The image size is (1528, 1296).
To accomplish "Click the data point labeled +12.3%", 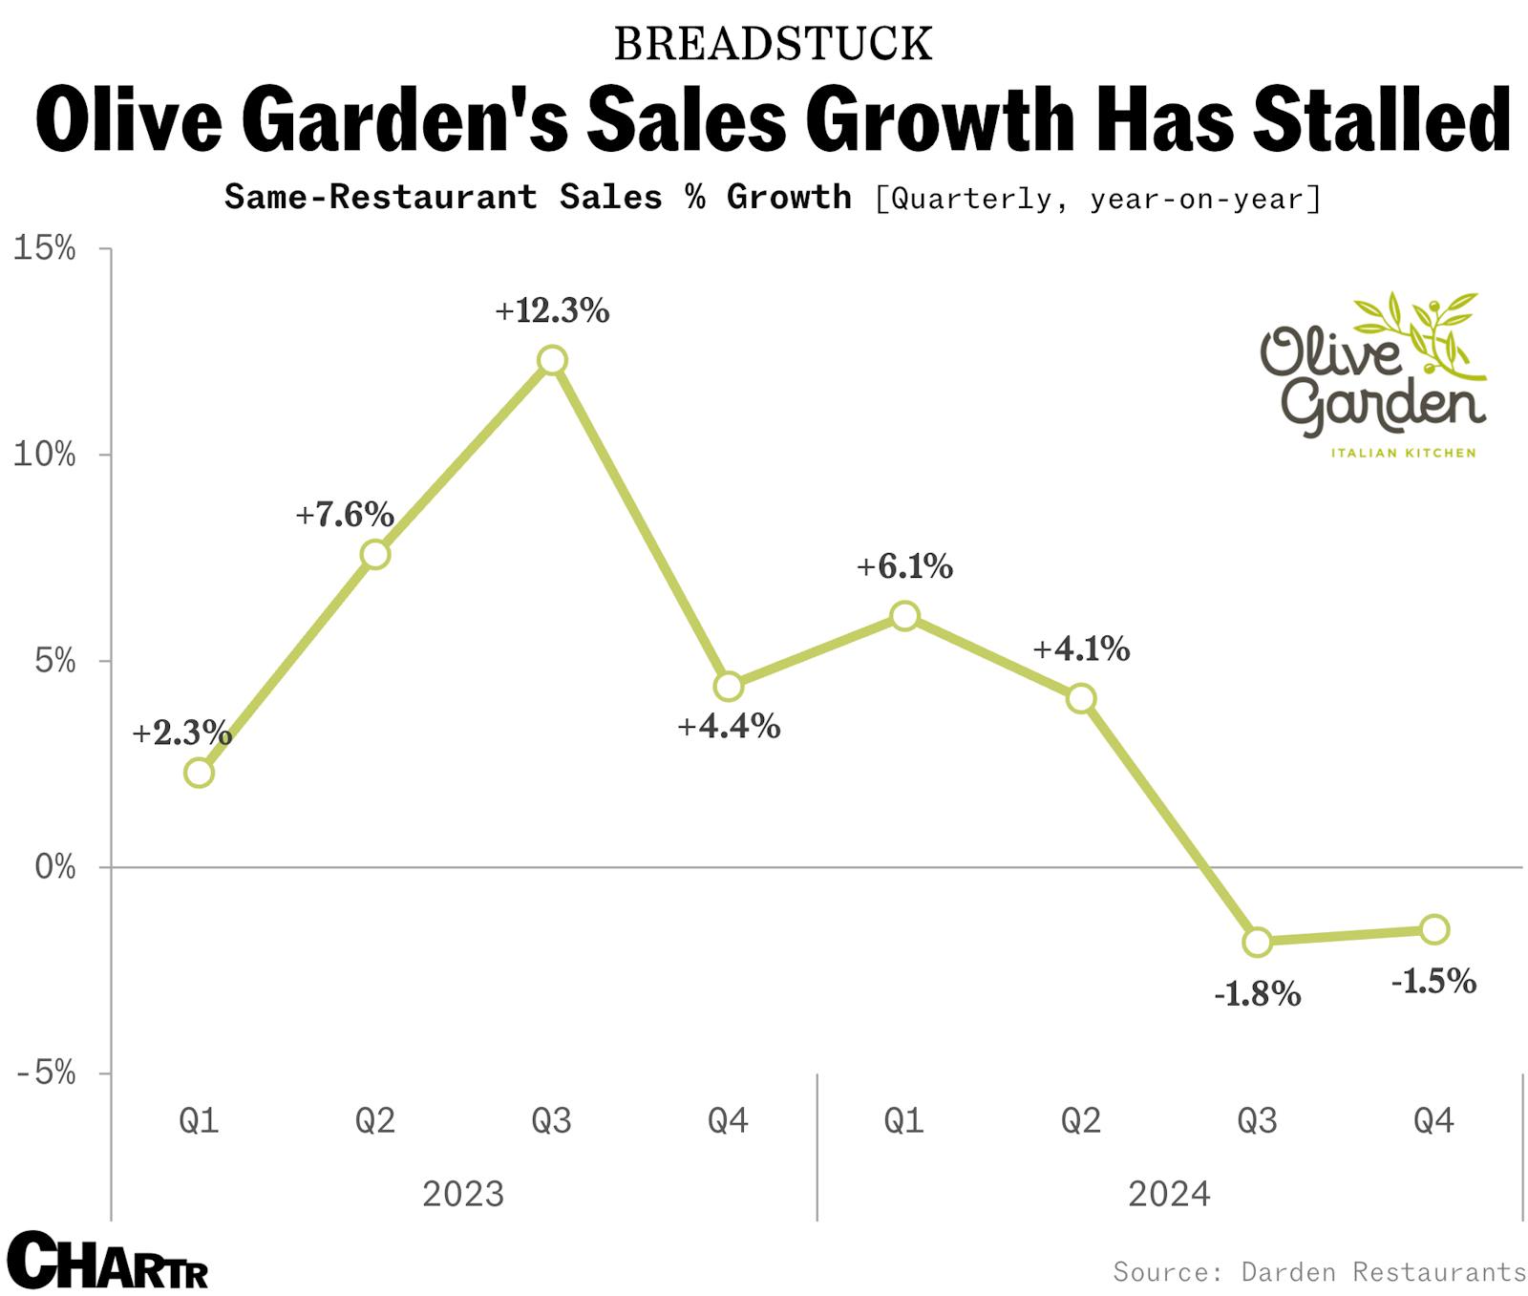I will [552, 360].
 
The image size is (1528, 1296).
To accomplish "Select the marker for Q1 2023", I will [199, 772].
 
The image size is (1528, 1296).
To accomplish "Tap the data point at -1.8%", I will [1258, 942].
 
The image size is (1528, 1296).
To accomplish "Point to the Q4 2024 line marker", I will [1434, 929].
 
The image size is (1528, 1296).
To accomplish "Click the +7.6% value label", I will [345, 515].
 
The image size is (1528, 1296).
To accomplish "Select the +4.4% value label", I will [729, 727].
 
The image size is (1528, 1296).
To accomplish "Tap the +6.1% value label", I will [904, 567].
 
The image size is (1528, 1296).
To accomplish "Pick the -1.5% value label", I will [1433, 982].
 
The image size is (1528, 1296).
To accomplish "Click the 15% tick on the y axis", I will [44, 249].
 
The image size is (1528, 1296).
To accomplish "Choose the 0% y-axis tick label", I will [54, 867].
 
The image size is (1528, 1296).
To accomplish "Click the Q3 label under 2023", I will [551, 1120].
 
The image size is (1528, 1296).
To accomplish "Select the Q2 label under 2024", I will [1080, 1120].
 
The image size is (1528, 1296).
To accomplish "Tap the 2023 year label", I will [463, 1194].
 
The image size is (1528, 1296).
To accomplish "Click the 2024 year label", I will [1169, 1194].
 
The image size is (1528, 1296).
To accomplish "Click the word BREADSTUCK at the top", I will [773, 44].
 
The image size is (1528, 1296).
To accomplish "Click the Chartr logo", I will [107, 1261].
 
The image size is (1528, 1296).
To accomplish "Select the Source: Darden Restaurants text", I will [1319, 1272].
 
